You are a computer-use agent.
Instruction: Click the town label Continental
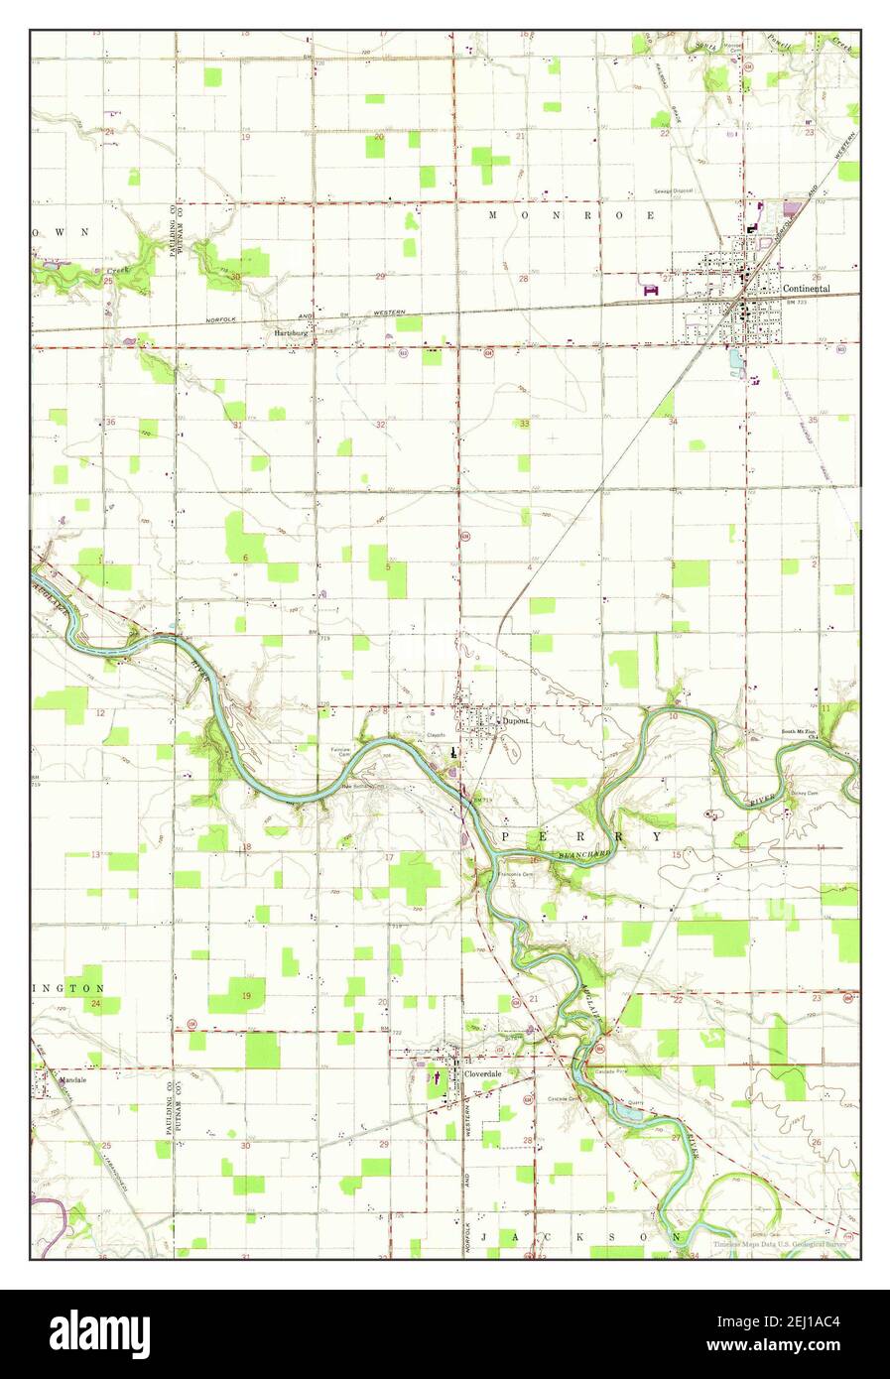(805, 289)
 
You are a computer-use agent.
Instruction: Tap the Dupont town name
(515, 721)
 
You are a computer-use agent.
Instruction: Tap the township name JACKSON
(580, 1237)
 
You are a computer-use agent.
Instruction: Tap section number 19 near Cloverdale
(246, 995)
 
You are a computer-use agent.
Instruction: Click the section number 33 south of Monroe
(524, 424)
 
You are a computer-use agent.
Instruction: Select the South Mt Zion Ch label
(801, 732)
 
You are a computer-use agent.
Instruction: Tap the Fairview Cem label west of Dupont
(340, 751)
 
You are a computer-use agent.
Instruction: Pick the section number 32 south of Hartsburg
(380, 424)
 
